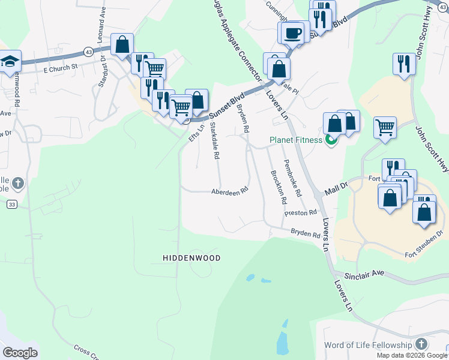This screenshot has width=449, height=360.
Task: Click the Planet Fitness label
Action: (295, 141)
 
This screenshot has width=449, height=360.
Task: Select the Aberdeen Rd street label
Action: (229, 192)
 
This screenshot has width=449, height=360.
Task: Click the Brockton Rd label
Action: (277, 187)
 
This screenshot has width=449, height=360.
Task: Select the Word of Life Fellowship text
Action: (368, 345)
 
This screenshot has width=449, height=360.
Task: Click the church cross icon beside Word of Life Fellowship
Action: (422, 344)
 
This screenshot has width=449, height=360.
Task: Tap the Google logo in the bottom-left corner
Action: (20, 353)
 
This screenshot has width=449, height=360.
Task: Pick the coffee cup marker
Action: (293, 32)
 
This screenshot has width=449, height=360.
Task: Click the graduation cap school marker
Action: (10, 61)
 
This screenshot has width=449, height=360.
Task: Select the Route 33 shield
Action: (11, 205)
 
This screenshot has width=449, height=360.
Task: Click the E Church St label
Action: (61, 69)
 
